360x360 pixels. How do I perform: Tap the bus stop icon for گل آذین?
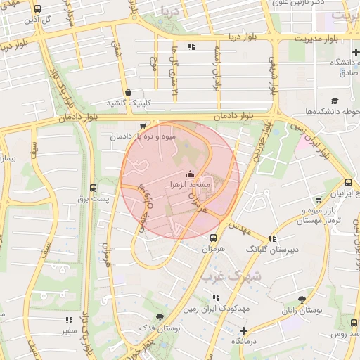pos(37,9)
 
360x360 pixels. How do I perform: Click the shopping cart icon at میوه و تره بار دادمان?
pos(143,126)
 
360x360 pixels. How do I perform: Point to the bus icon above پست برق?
pos(94,188)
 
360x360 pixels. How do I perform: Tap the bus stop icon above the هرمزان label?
pos(213,238)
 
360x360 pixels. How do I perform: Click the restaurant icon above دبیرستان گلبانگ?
pos(272,238)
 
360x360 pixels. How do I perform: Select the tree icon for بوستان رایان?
pos(302,299)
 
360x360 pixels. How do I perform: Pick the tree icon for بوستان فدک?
pos(160,316)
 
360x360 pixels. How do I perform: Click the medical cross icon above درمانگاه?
pos(244,330)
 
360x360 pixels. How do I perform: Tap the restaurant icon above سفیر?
pos(69,320)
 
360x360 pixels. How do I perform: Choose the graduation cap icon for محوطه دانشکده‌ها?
pos(335,101)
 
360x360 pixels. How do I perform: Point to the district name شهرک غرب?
pos(230,276)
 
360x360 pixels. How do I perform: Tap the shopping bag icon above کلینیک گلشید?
pos(128,92)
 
